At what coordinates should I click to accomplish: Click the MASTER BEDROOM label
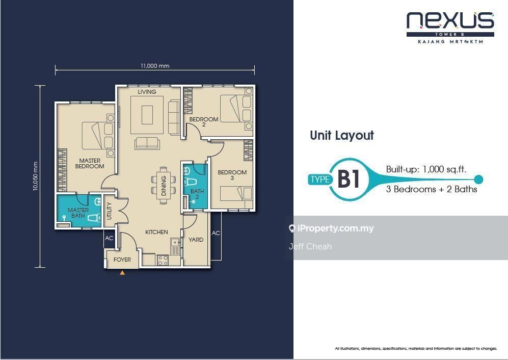point(90,164)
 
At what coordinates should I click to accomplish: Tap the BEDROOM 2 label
point(204,122)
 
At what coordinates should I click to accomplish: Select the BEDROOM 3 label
point(232,175)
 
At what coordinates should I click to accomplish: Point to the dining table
point(164,186)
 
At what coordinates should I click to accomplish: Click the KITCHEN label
point(156,232)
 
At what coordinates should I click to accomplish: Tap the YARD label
point(196,240)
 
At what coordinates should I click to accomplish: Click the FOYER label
point(122,260)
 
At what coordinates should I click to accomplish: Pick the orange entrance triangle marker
point(122,273)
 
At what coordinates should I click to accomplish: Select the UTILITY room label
point(109,211)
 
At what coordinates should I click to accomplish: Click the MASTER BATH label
point(78,213)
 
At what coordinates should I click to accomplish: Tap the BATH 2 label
point(197,194)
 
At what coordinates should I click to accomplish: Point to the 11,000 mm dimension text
point(155,66)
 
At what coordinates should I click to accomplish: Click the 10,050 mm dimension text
point(36,176)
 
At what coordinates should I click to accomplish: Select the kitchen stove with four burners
point(163,260)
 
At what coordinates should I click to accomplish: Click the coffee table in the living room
point(147,115)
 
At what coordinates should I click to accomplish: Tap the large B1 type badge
point(349,179)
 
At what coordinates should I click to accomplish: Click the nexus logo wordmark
point(450,20)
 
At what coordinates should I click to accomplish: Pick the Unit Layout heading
point(342,136)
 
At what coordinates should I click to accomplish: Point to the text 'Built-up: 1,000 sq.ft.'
point(426,169)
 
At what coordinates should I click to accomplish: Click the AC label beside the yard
point(216,233)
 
